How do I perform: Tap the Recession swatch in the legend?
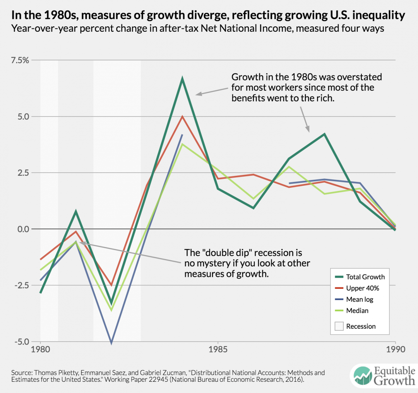click(337, 326)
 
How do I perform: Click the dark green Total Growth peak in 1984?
click(182, 79)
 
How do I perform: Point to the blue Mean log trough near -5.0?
click(112, 342)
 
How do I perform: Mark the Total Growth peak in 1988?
click(324, 134)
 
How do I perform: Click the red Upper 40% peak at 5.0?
click(182, 117)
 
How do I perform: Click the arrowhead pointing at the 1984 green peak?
click(197, 94)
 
